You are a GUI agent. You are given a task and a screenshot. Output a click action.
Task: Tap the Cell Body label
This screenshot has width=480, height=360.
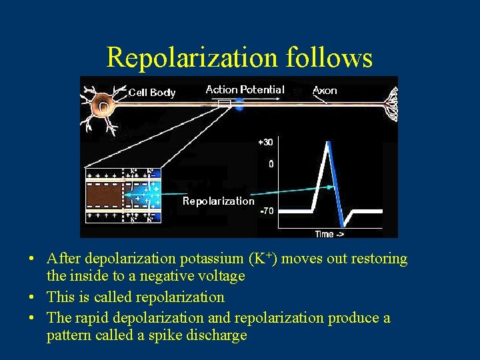[151, 93]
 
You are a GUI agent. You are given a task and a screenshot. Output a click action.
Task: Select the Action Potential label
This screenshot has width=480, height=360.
[245, 89]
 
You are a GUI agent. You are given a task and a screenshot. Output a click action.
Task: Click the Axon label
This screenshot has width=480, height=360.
[325, 90]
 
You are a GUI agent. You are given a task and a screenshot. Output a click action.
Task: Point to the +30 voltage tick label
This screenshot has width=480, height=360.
[265, 142]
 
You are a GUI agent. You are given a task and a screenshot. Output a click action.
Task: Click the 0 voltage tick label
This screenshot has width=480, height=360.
[269, 163]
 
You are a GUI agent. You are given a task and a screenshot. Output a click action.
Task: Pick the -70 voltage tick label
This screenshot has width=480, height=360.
[266, 211]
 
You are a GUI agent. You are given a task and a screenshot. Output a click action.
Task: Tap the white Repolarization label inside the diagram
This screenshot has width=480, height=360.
[218, 201]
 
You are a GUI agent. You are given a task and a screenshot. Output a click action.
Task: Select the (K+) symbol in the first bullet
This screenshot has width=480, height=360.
[263, 259]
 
